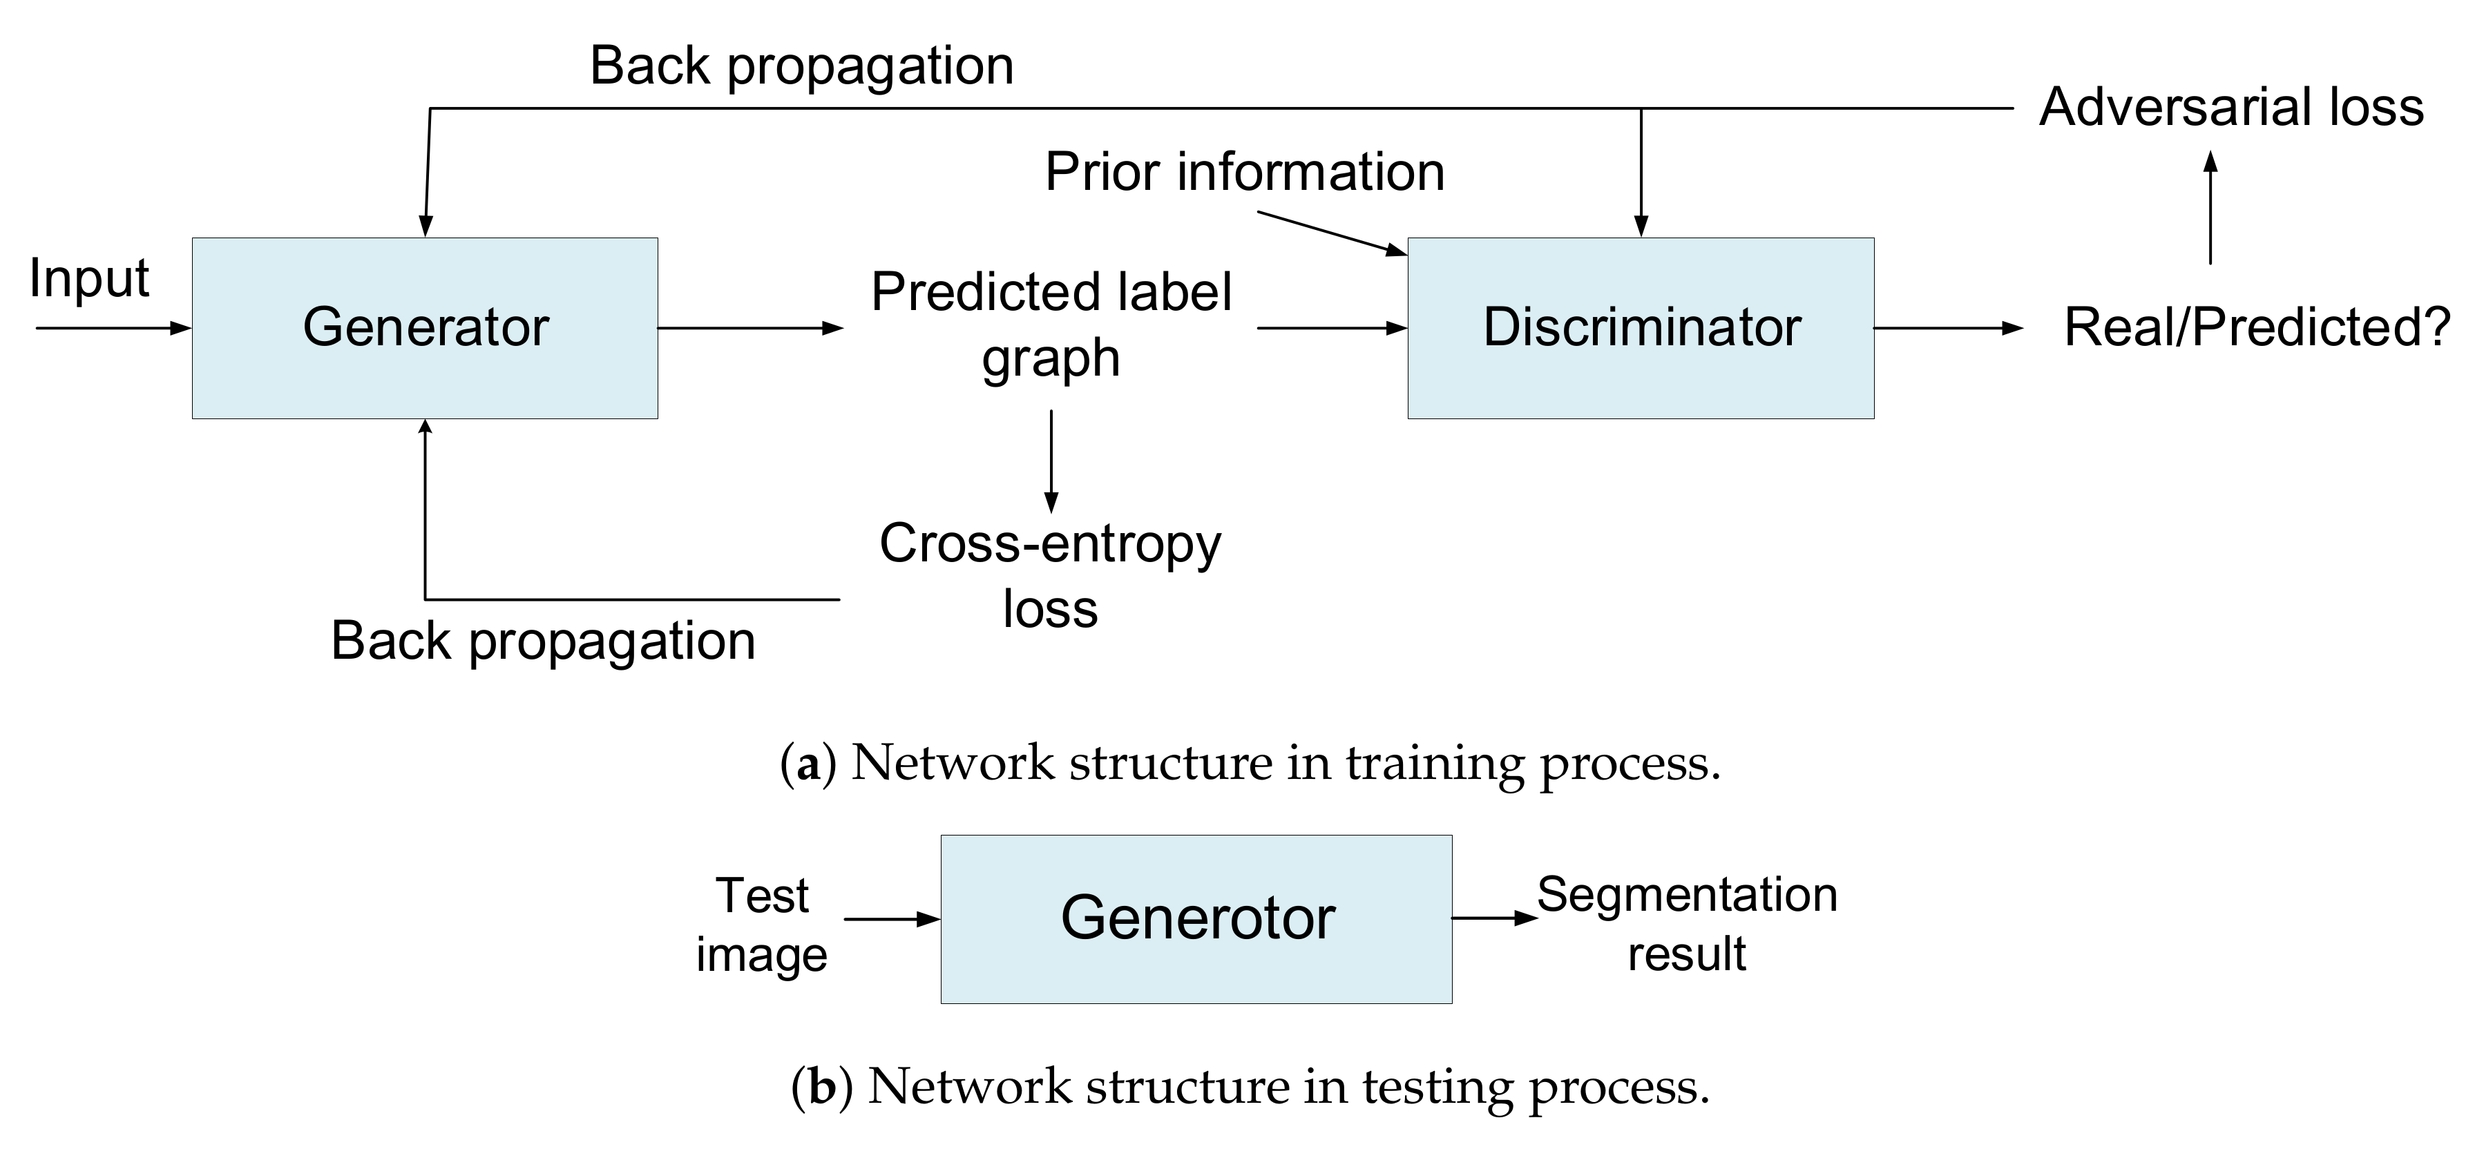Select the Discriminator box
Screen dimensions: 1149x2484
[x=1641, y=328]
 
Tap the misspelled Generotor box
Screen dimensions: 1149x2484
[x=1196, y=918]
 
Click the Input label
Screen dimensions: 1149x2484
[x=88, y=278]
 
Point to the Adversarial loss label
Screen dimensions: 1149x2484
[x=2230, y=106]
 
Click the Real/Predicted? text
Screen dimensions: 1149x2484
[x=2257, y=328]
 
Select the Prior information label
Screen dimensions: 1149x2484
[x=1244, y=173]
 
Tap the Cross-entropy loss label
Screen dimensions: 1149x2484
[x=1050, y=575]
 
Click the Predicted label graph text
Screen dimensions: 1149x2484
[x=1051, y=324]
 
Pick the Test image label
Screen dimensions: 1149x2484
[x=762, y=925]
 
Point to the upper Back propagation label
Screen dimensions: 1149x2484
[x=801, y=66]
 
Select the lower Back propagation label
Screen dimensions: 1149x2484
[x=543, y=641]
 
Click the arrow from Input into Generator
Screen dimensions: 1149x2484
[x=114, y=328]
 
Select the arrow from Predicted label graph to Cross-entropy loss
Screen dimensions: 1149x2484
[x=1051, y=461]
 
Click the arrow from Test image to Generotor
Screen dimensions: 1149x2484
[x=891, y=918]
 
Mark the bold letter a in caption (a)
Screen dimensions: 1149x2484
[x=808, y=764]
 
